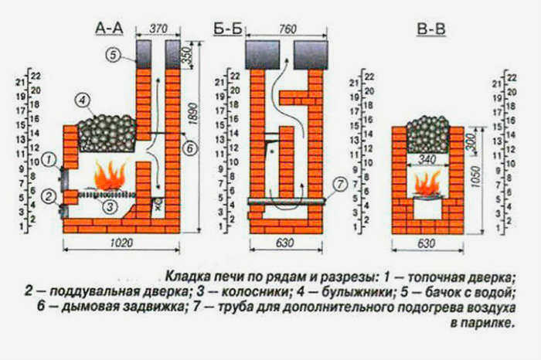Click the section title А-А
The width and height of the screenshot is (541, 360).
(x=109, y=29)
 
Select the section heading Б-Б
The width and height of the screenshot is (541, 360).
(x=228, y=29)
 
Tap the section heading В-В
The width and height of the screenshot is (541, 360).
(x=431, y=29)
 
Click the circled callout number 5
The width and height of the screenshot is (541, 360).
(x=113, y=55)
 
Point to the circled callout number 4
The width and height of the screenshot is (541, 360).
(x=82, y=101)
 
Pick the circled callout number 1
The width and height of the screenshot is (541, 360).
(x=49, y=160)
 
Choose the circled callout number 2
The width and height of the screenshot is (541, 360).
(x=48, y=196)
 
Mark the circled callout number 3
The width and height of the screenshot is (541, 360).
(x=110, y=207)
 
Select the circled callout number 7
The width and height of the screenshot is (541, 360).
(x=341, y=185)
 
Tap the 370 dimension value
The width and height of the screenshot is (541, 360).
(x=158, y=29)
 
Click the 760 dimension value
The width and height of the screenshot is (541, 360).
(x=288, y=29)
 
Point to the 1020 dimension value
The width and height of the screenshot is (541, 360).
(x=121, y=243)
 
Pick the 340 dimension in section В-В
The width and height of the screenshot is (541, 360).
(x=427, y=160)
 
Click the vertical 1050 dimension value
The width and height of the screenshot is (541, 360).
(x=475, y=178)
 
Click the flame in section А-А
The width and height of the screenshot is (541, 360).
(x=111, y=177)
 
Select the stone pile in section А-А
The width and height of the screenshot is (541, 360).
(x=107, y=134)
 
